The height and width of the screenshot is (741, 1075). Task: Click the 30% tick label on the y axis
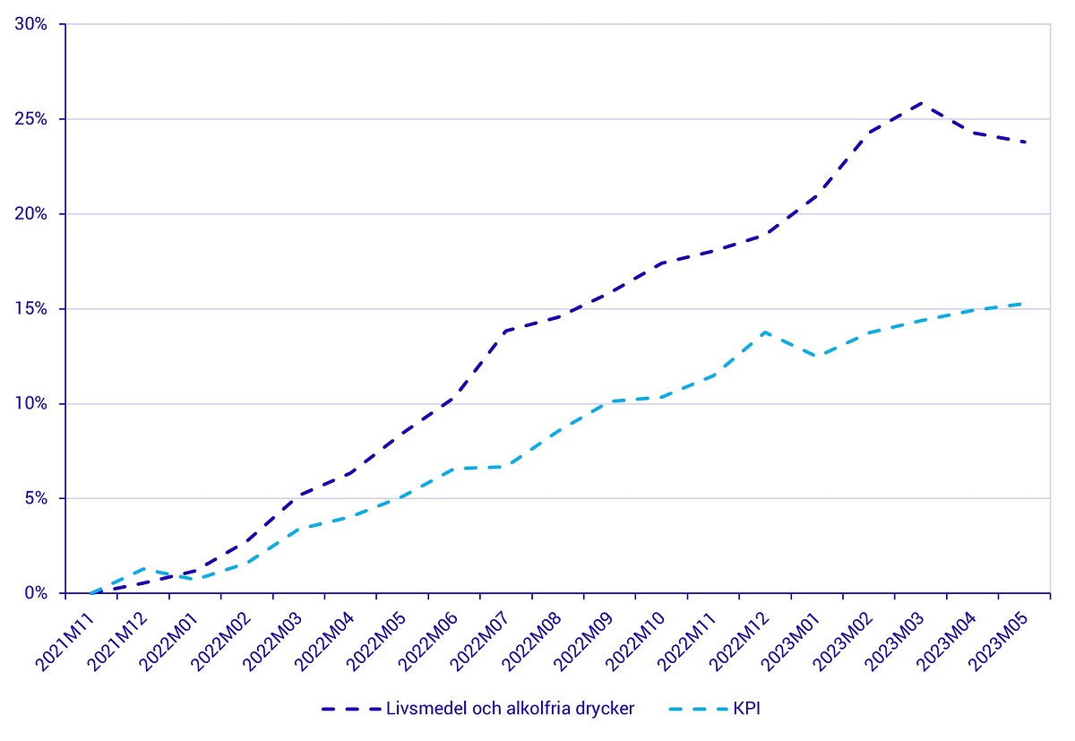31,24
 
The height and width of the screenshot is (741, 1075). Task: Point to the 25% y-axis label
31,119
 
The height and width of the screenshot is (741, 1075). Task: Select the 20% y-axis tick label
31,214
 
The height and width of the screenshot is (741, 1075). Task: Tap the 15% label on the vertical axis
31,309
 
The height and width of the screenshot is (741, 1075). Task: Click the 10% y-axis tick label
31,404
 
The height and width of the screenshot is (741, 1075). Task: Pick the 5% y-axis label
36,498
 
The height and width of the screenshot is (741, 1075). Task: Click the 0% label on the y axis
36,593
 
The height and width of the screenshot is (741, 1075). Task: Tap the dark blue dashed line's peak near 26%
922,103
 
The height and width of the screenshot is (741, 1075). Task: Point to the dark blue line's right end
1025,142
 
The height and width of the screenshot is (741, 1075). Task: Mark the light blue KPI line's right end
1025,304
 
